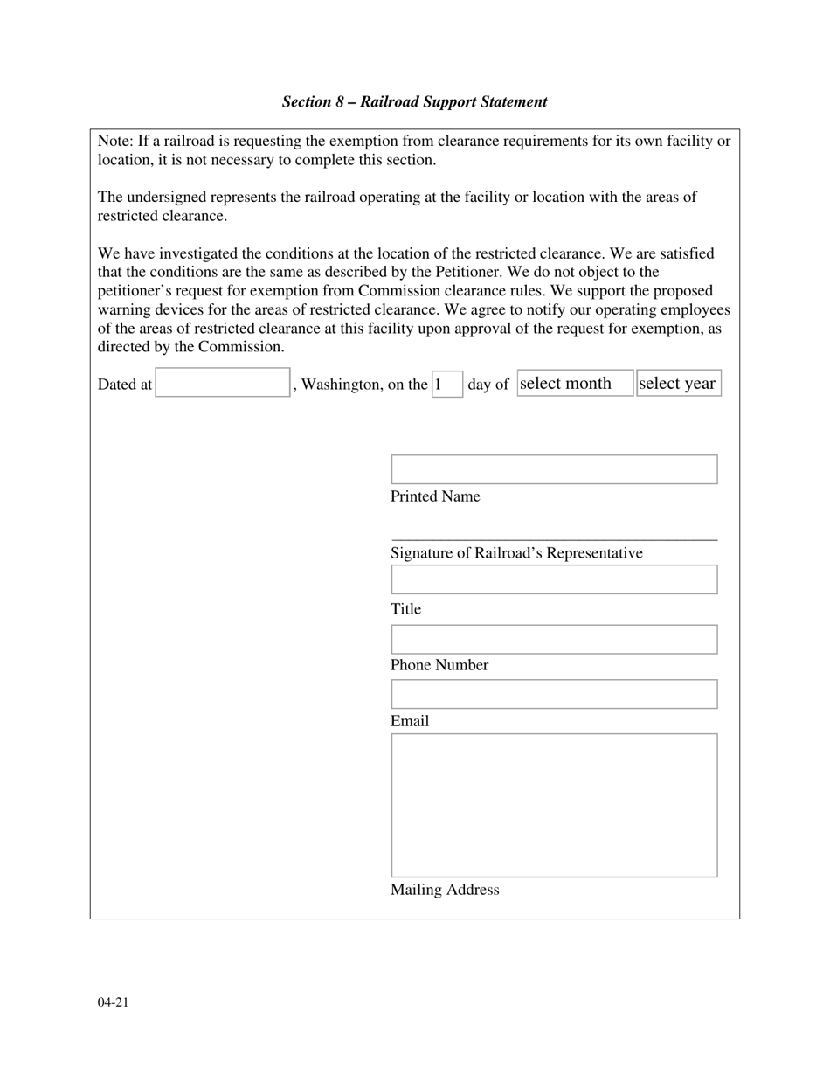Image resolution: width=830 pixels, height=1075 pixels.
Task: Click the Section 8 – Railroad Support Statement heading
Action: coord(414,102)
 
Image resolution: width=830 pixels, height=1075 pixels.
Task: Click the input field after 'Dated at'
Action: coord(223,383)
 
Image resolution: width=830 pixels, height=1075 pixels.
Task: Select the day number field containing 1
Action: coord(447,384)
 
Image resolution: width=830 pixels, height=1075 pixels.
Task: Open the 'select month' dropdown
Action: coord(574,383)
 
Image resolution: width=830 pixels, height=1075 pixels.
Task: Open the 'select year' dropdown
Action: coord(678,383)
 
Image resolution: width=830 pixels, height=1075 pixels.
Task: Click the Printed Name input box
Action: coord(554,469)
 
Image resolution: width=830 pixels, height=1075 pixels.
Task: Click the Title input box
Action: coord(554,579)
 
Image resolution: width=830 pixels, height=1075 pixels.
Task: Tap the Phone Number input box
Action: coord(554,639)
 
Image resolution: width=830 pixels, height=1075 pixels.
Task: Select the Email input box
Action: coord(554,694)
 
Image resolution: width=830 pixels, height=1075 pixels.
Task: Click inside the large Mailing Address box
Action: coord(554,805)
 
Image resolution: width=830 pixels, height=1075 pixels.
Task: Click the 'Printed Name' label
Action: coord(435,496)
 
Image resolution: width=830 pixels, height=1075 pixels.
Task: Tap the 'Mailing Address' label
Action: coord(445,890)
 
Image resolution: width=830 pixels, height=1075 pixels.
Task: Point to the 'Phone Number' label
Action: coord(439,665)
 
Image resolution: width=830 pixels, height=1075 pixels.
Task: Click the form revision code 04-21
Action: coord(114,1002)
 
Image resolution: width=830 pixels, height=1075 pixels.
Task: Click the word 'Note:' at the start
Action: coord(115,142)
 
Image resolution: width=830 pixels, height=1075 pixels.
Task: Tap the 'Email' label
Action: coord(410,721)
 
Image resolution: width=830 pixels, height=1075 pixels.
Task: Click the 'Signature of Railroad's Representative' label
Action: coord(516,553)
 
